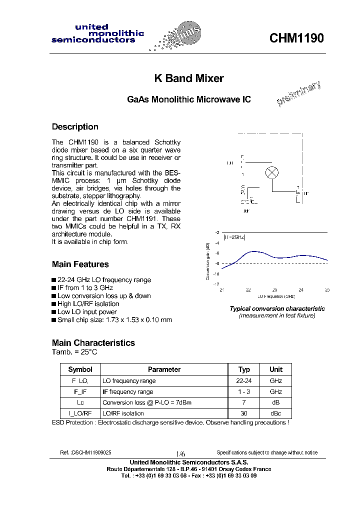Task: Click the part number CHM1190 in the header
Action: click(x=296, y=38)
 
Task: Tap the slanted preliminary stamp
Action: click(x=298, y=94)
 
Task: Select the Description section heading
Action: click(x=75, y=127)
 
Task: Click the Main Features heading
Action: click(x=80, y=264)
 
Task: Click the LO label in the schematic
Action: click(x=230, y=163)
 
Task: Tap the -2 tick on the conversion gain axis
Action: click(x=217, y=233)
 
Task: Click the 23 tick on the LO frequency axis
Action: click(x=274, y=290)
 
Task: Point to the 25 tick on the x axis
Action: click(x=327, y=290)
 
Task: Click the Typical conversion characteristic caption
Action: click(x=277, y=309)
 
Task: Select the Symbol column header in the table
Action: click(x=80, y=369)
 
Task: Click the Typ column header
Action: click(x=244, y=369)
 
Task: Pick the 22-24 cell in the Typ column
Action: click(x=244, y=381)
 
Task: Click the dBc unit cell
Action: click(x=276, y=413)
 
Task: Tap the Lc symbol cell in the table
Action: click(x=80, y=402)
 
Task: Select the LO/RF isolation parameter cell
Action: click(x=123, y=413)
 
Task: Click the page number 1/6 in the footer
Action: click(x=180, y=452)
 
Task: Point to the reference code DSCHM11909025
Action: click(x=85, y=452)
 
